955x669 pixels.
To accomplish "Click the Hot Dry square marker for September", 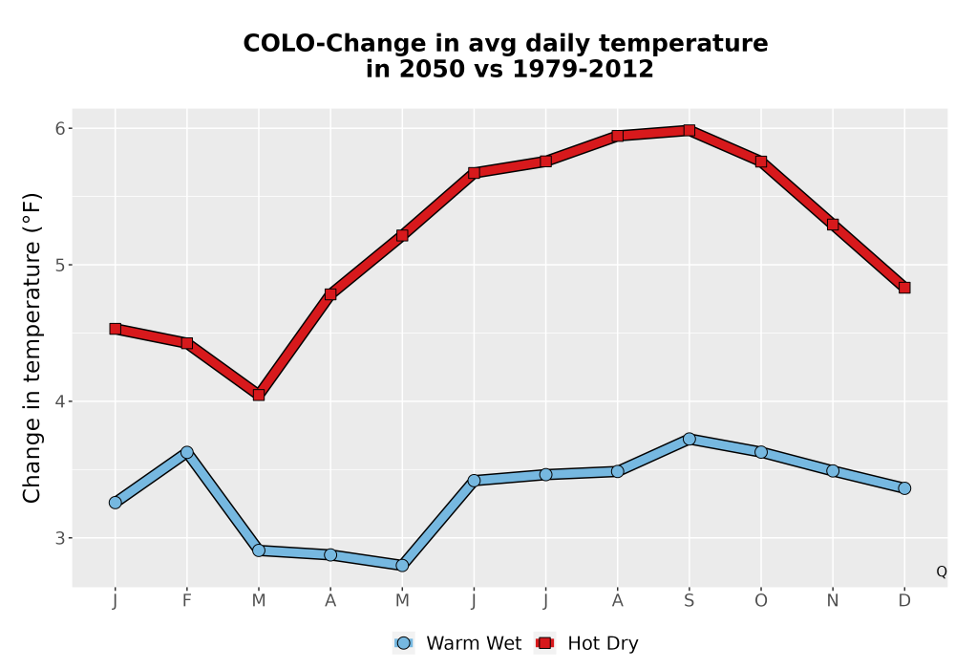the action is pyautogui.click(x=689, y=130).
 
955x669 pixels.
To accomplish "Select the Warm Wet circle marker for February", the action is pyautogui.click(x=187, y=452).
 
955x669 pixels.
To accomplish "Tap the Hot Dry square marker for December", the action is pyautogui.click(x=904, y=288).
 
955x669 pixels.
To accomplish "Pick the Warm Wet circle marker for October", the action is pyautogui.click(x=761, y=452).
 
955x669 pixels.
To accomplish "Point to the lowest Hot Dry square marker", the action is pyautogui.click(x=259, y=395).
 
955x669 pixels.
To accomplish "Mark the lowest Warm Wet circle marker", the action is pyautogui.click(x=402, y=566).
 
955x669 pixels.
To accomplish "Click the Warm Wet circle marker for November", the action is pyautogui.click(x=833, y=470).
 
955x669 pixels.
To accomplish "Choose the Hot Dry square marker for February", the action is pyautogui.click(x=187, y=344).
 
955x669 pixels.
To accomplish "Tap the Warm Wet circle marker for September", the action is pyautogui.click(x=689, y=439).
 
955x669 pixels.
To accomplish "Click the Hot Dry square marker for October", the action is pyautogui.click(x=761, y=162).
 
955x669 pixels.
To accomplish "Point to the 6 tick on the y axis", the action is pyautogui.click(x=69, y=128).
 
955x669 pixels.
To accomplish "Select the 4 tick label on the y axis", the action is pyautogui.click(x=59, y=401).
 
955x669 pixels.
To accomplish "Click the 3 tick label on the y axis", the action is pyautogui.click(x=59, y=538).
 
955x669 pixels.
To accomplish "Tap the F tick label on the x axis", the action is pyautogui.click(x=187, y=601).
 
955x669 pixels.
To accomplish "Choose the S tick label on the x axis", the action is pyautogui.click(x=689, y=601).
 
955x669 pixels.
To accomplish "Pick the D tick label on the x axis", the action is pyautogui.click(x=904, y=601).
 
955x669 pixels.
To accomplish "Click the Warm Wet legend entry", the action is pyautogui.click(x=456, y=643).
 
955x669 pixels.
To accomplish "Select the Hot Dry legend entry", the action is pyautogui.click(x=586, y=643).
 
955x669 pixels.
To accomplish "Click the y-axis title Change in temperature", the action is pyautogui.click(x=32, y=349).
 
